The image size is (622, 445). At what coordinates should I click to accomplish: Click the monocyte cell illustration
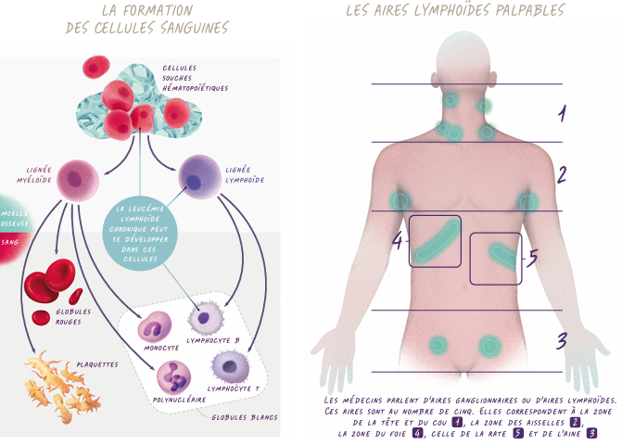click(154, 327)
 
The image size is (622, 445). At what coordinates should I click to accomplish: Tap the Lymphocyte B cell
click(206, 317)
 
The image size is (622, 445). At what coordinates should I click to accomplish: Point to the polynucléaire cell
click(173, 378)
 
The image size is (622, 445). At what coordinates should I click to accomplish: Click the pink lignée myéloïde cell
click(78, 181)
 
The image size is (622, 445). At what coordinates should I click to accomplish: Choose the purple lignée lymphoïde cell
click(199, 177)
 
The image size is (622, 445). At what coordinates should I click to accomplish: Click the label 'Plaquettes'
click(97, 364)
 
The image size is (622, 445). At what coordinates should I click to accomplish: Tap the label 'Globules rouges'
click(73, 317)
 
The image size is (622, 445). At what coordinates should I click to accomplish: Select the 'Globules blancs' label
click(245, 417)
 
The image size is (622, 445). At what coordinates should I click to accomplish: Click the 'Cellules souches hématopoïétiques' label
click(195, 78)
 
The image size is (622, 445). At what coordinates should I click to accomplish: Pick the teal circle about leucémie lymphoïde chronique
click(140, 234)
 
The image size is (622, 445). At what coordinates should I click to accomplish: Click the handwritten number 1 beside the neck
click(562, 113)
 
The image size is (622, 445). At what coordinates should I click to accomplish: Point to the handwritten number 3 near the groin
click(562, 340)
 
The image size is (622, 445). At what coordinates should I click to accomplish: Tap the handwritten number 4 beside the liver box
click(398, 240)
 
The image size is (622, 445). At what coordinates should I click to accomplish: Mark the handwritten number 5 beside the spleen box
click(532, 257)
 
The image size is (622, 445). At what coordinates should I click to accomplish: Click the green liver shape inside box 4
click(436, 242)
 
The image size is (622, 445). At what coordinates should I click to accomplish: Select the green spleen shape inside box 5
click(503, 256)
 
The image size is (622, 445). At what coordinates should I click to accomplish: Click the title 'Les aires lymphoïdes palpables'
click(455, 10)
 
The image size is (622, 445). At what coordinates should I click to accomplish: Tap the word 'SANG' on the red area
click(9, 242)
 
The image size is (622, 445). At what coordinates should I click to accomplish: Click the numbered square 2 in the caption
click(575, 422)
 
